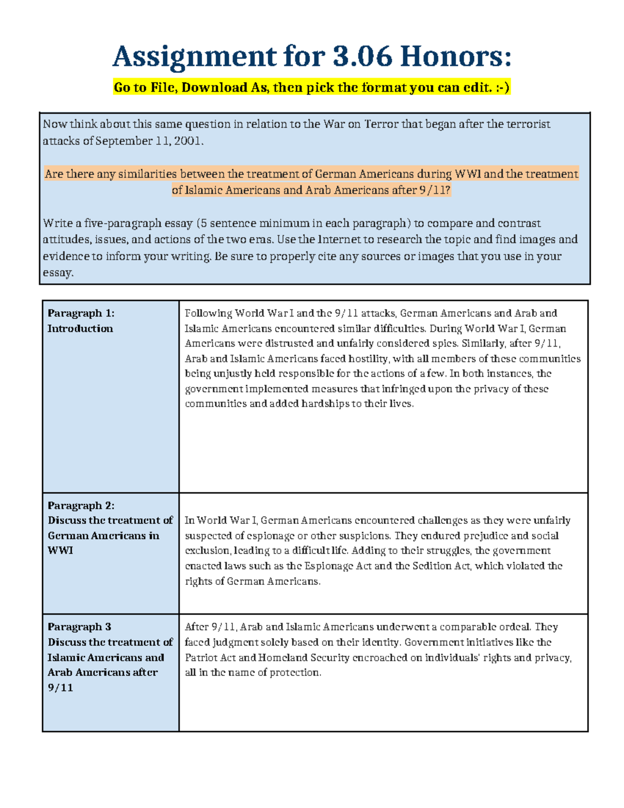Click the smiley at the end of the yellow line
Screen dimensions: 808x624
tap(502, 87)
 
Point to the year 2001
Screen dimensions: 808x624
tap(186, 141)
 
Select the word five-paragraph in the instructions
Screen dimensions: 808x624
tap(123, 223)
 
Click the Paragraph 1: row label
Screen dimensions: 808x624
tap(81, 313)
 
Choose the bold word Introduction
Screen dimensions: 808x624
tap(80, 328)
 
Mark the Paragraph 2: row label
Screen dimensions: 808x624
tap(81, 506)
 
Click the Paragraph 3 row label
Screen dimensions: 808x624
tap(79, 627)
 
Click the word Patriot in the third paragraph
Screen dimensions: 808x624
tap(203, 658)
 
